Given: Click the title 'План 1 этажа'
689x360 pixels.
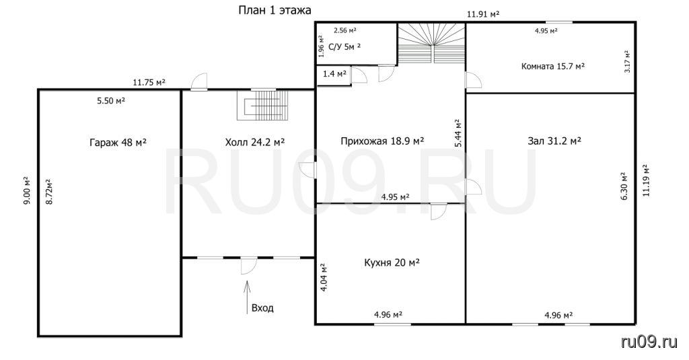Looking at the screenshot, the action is click(x=275, y=10).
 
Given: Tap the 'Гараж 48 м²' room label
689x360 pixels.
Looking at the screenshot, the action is click(x=118, y=143).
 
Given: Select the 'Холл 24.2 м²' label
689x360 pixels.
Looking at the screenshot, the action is click(x=255, y=142).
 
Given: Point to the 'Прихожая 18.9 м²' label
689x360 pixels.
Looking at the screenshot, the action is click(x=382, y=141).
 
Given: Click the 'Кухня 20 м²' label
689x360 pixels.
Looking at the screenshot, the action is click(x=392, y=263).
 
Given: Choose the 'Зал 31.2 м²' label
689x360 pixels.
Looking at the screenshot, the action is click(x=554, y=141).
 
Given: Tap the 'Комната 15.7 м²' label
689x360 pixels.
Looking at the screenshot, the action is click(x=553, y=67).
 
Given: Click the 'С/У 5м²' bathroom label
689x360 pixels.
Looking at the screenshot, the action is click(x=344, y=46).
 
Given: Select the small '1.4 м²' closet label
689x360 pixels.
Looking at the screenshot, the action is click(x=334, y=74).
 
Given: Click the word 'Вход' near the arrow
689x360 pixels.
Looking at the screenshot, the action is click(x=262, y=308).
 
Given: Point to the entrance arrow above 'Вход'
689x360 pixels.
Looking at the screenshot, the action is click(x=247, y=297).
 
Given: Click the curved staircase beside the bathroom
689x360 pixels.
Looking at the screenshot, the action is click(x=431, y=44).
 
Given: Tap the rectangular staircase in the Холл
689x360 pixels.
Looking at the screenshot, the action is click(x=263, y=105).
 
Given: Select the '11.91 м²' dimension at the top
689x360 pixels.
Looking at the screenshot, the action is click(x=483, y=14).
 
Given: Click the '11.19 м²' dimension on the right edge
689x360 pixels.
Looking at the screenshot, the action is click(x=645, y=180).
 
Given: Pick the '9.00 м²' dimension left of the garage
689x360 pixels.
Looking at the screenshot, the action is click(x=26, y=190).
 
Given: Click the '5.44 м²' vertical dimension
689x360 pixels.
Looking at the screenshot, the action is click(x=458, y=133).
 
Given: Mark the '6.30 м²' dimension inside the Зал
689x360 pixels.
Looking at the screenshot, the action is click(x=624, y=186).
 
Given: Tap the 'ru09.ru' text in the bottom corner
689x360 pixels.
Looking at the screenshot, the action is click(x=649, y=342).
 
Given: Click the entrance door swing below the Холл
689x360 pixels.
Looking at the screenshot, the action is click(x=249, y=266).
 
